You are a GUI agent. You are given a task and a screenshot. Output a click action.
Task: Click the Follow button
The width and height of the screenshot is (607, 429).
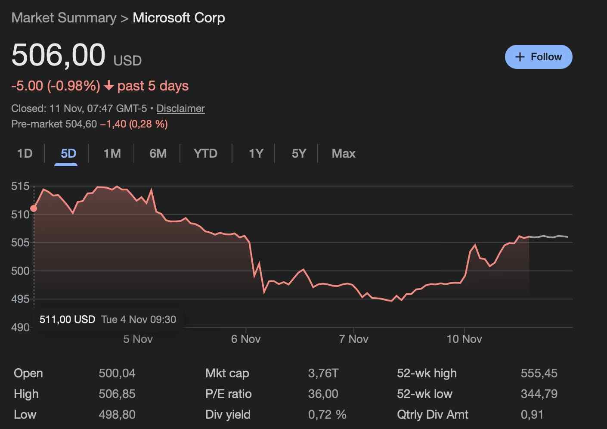point(538,57)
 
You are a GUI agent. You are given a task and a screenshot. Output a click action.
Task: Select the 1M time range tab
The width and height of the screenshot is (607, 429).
point(112,154)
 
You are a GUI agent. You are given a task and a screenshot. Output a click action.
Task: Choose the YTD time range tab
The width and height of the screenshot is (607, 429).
point(205,154)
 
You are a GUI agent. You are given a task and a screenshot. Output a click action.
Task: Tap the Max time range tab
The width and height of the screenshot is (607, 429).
point(344,154)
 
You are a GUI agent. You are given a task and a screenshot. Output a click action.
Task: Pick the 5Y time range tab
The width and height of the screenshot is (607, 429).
point(299,154)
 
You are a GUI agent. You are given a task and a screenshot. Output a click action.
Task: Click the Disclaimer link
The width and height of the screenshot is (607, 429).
point(180,109)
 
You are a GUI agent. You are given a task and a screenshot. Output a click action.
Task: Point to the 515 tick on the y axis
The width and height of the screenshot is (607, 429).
point(20,187)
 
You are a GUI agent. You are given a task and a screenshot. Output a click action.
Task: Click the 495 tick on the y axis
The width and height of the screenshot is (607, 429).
point(20,299)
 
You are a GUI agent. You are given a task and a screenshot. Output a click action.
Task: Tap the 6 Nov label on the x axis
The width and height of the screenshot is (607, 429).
point(245,339)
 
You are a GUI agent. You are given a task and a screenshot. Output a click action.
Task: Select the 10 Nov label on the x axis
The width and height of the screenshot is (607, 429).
point(464,339)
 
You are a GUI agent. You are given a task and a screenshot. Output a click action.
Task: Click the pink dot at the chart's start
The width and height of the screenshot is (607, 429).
point(34,208)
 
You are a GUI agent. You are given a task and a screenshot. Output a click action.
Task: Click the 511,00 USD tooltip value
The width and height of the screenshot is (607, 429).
point(67,320)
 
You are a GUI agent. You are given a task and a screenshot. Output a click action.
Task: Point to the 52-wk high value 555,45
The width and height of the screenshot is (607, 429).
point(539,373)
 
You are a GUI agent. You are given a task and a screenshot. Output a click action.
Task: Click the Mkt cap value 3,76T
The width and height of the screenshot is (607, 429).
point(323,373)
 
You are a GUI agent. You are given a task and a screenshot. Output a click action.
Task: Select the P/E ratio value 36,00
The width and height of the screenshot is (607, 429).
point(323,394)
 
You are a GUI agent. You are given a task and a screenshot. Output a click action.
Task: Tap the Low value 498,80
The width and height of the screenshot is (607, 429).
point(117,415)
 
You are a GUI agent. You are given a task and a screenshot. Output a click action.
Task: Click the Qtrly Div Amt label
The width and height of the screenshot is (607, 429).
point(432,415)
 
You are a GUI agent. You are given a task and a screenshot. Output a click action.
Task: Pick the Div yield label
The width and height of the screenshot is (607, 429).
point(228,415)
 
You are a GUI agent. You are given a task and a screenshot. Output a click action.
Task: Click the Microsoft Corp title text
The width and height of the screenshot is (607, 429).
point(179,18)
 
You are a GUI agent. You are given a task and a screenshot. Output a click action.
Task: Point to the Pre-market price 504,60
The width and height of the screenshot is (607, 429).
point(81,124)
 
